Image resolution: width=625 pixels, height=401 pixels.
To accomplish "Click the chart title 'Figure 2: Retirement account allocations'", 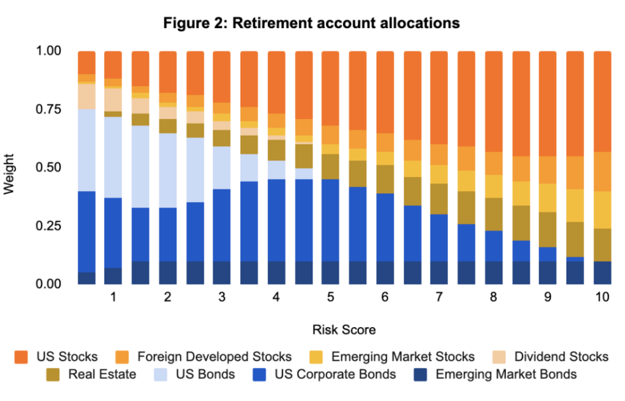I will [x=312, y=23].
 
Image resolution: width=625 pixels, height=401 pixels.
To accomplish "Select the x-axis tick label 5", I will [x=330, y=298].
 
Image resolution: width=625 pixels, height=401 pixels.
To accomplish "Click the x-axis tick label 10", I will [x=601, y=298].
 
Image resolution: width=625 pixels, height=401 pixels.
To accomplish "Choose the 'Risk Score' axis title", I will [x=344, y=330].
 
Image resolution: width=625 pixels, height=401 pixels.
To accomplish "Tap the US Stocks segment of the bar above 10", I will [x=602, y=101].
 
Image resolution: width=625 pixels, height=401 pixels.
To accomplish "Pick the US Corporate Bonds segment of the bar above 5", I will [x=330, y=220].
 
